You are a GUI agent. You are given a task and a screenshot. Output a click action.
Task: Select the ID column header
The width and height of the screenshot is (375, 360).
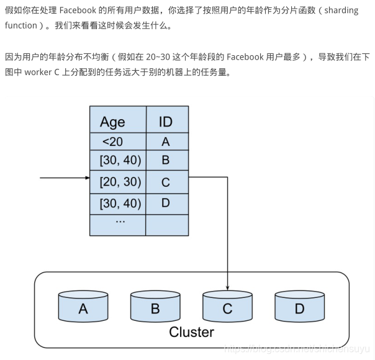[166, 121]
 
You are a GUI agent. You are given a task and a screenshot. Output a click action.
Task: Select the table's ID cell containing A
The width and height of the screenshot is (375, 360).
[166, 142]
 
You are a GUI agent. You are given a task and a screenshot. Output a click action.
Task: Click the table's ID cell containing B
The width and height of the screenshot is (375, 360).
[166, 160]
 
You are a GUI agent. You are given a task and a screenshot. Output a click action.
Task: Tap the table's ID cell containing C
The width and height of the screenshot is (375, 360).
[166, 182]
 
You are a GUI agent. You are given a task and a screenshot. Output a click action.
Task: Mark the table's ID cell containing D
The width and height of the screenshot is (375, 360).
[166, 203]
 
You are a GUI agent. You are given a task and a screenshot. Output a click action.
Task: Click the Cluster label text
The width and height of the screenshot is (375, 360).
[191, 332]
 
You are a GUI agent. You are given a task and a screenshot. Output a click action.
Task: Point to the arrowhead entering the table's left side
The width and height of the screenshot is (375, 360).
[87, 178]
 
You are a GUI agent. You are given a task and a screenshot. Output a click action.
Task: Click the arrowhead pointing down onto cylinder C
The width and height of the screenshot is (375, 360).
[227, 287]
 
